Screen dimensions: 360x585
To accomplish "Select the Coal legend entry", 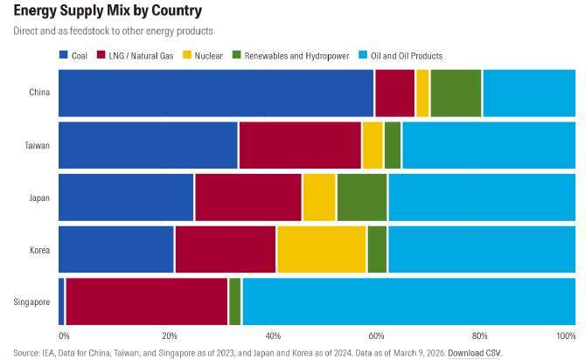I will [x=73, y=56].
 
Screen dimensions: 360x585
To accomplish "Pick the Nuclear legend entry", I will [x=205, y=56].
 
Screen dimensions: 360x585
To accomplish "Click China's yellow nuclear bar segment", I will [x=422, y=92].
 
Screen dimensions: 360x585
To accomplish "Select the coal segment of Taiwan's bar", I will [x=148, y=144].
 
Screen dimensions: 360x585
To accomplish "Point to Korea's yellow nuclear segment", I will [x=321, y=249].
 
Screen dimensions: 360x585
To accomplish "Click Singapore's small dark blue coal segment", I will [x=61, y=301].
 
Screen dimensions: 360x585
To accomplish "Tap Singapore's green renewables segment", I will [x=234, y=301].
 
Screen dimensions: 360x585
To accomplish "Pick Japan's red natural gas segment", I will [x=248, y=197].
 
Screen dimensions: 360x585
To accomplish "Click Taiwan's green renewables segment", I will [x=393, y=144].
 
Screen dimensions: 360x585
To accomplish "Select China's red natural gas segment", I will [x=394, y=92].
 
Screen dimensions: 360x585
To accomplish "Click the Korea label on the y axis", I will [x=39, y=250].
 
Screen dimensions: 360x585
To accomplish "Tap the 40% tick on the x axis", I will [x=273, y=335].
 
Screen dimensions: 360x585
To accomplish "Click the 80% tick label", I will [x=480, y=335].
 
